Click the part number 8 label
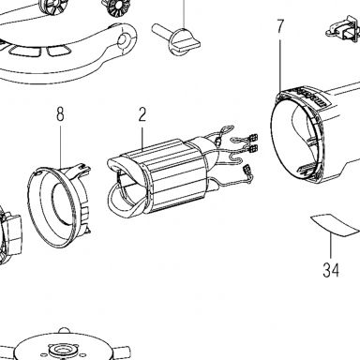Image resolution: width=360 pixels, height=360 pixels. tap(60, 113)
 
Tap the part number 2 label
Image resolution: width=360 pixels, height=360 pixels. tap(142, 114)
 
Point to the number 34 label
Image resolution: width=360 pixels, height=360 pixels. tap(331, 270)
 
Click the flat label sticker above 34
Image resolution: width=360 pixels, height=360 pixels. tap(335, 224)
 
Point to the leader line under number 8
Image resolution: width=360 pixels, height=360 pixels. tap(61, 146)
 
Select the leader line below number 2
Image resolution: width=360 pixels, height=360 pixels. tap(142, 140)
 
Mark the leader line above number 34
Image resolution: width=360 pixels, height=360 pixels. tap(331, 247)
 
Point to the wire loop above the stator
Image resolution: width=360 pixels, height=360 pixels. tap(227, 129)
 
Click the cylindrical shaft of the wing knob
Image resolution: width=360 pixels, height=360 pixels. tap(161, 31)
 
